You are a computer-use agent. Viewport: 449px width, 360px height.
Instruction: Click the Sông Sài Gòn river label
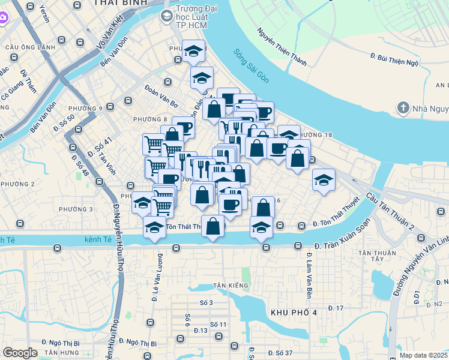pos(252,67)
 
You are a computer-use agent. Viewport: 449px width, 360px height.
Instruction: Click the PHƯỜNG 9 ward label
pos(85,109)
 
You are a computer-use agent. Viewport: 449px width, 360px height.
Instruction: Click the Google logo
pos(20,353)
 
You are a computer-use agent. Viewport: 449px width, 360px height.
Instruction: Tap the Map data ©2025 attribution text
pos(423,355)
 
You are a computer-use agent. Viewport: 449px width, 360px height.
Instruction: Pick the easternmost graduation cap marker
pos(324,180)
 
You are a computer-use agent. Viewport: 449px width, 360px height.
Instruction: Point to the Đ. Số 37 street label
pos(280,352)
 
